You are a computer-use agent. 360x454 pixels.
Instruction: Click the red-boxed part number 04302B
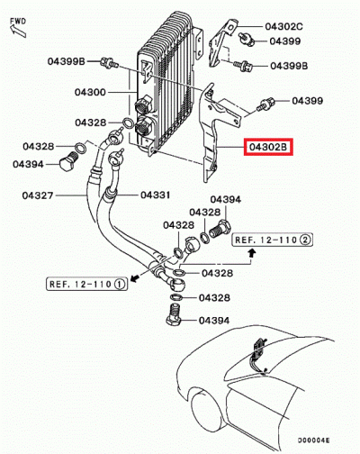coord(267,146)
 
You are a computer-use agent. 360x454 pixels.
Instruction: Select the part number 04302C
coord(284,28)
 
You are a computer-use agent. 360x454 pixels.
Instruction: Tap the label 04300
coord(90,93)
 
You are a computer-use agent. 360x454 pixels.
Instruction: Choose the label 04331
coord(156,195)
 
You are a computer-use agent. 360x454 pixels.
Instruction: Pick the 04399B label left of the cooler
coord(67,61)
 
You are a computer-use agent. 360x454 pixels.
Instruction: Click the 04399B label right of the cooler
coord(289,66)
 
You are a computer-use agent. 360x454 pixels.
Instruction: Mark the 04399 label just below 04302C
coord(283,41)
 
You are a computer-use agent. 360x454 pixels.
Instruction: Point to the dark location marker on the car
coord(260,349)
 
